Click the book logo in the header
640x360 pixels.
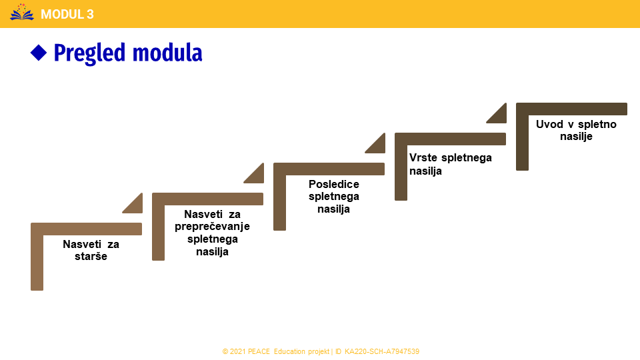coord(22,12)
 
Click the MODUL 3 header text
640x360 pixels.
coord(67,14)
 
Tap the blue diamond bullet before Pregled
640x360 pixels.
coord(39,53)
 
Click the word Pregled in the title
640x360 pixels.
coord(91,53)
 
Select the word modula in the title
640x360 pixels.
coord(167,53)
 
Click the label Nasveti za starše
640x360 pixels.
coord(91,250)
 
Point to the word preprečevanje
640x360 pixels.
coord(212,226)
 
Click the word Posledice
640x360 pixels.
coord(334,184)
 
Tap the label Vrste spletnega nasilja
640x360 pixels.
coord(450,164)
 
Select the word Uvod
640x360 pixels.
coord(548,124)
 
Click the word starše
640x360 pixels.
coord(91,256)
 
